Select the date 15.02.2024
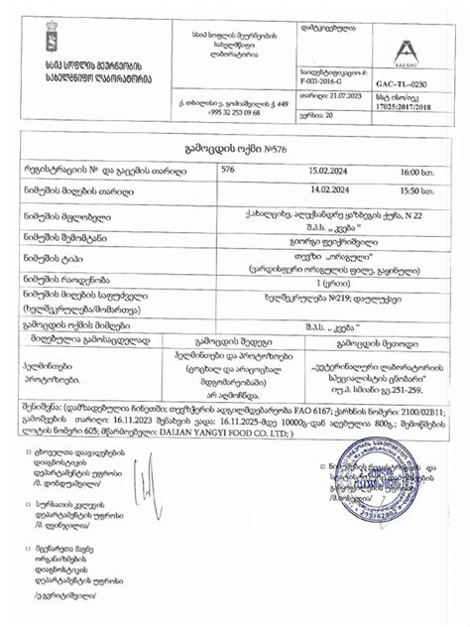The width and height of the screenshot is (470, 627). coord(328,172)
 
